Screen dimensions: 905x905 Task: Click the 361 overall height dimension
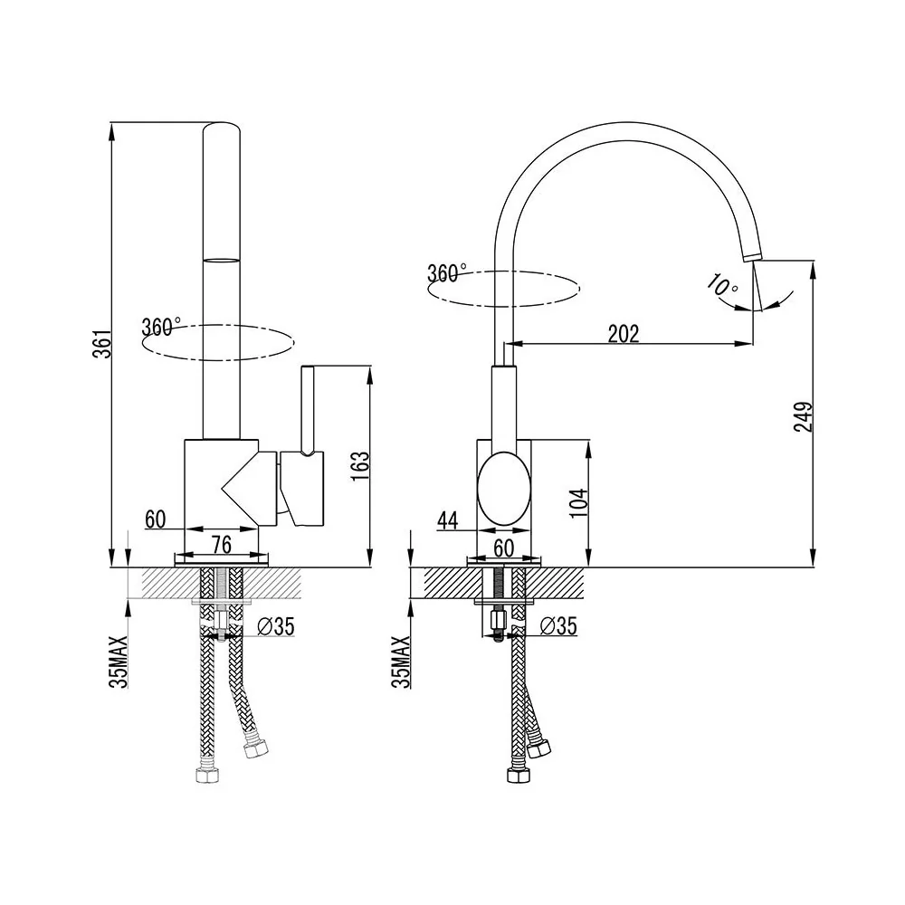pos(103,344)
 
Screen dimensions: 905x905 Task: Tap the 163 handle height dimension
pos(359,465)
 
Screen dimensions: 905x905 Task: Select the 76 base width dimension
pos(221,545)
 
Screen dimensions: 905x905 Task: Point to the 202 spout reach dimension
pos(624,334)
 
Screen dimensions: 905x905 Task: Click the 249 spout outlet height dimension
pos(804,416)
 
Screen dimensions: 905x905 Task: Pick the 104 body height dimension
pos(580,501)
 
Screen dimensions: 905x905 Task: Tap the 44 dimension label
pos(447,520)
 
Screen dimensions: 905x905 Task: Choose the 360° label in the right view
pos(447,272)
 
